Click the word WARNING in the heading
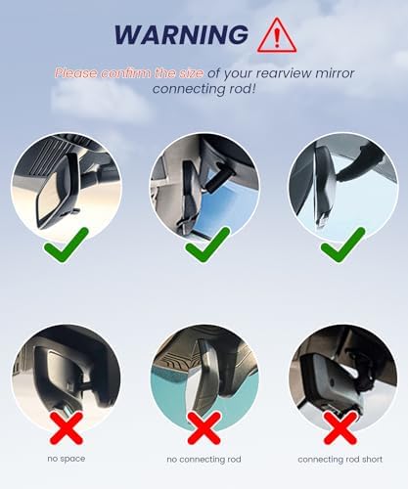tap(181, 34)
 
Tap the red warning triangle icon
tap(277, 36)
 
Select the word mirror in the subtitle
tap(335, 73)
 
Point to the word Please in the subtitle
tap(76, 73)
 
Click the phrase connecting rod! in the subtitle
tap(204, 89)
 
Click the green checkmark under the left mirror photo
tap(67, 244)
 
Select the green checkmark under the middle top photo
tap(207, 244)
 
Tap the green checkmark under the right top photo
tap(343, 244)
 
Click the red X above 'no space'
tap(67, 427)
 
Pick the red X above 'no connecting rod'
tap(204, 427)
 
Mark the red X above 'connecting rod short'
tap(340, 427)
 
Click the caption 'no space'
tap(67, 459)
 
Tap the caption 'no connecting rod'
tap(204, 460)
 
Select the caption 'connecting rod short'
tap(340, 460)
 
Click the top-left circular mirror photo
tap(67, 187)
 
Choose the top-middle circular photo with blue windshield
tap(204, 187)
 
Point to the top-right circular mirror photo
tap(343, 187)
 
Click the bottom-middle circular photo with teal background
tap(204, 378)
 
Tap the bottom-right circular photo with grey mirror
tap(343, 378)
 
